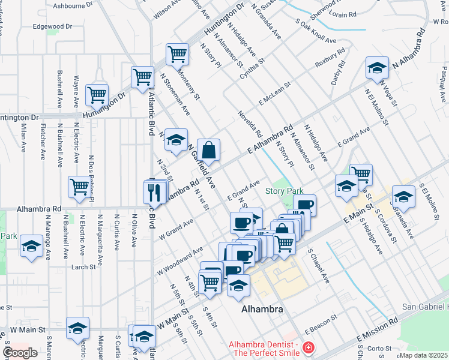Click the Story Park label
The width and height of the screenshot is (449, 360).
click(285, 191)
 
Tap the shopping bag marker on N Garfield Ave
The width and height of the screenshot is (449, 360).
click(208, 151)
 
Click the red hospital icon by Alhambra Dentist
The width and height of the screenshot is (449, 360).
click(308, 347)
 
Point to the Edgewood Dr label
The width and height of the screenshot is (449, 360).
click(52, 26)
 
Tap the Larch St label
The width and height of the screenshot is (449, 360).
click(83, 267)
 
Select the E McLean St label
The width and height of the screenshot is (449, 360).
click(275, 92)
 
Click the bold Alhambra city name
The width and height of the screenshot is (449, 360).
click(261, 309)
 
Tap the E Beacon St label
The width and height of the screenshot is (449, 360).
click(318, 327)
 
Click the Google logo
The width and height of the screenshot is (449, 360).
click(20, 353)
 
